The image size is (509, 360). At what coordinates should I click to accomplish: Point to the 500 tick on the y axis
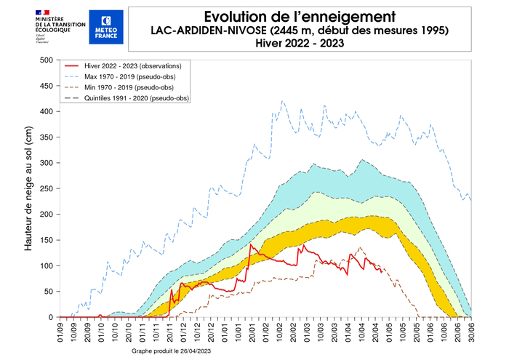click(47, 60)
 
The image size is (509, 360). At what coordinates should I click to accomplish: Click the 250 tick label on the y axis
click(47, 188)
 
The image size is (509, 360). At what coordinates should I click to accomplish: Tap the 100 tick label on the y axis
click(47, 265)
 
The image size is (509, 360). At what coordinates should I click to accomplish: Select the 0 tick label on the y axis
click(51, 317)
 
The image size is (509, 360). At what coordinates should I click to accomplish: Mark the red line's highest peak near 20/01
click(251, 244)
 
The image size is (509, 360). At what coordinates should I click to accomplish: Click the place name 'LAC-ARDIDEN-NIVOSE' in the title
click(208, 30)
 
